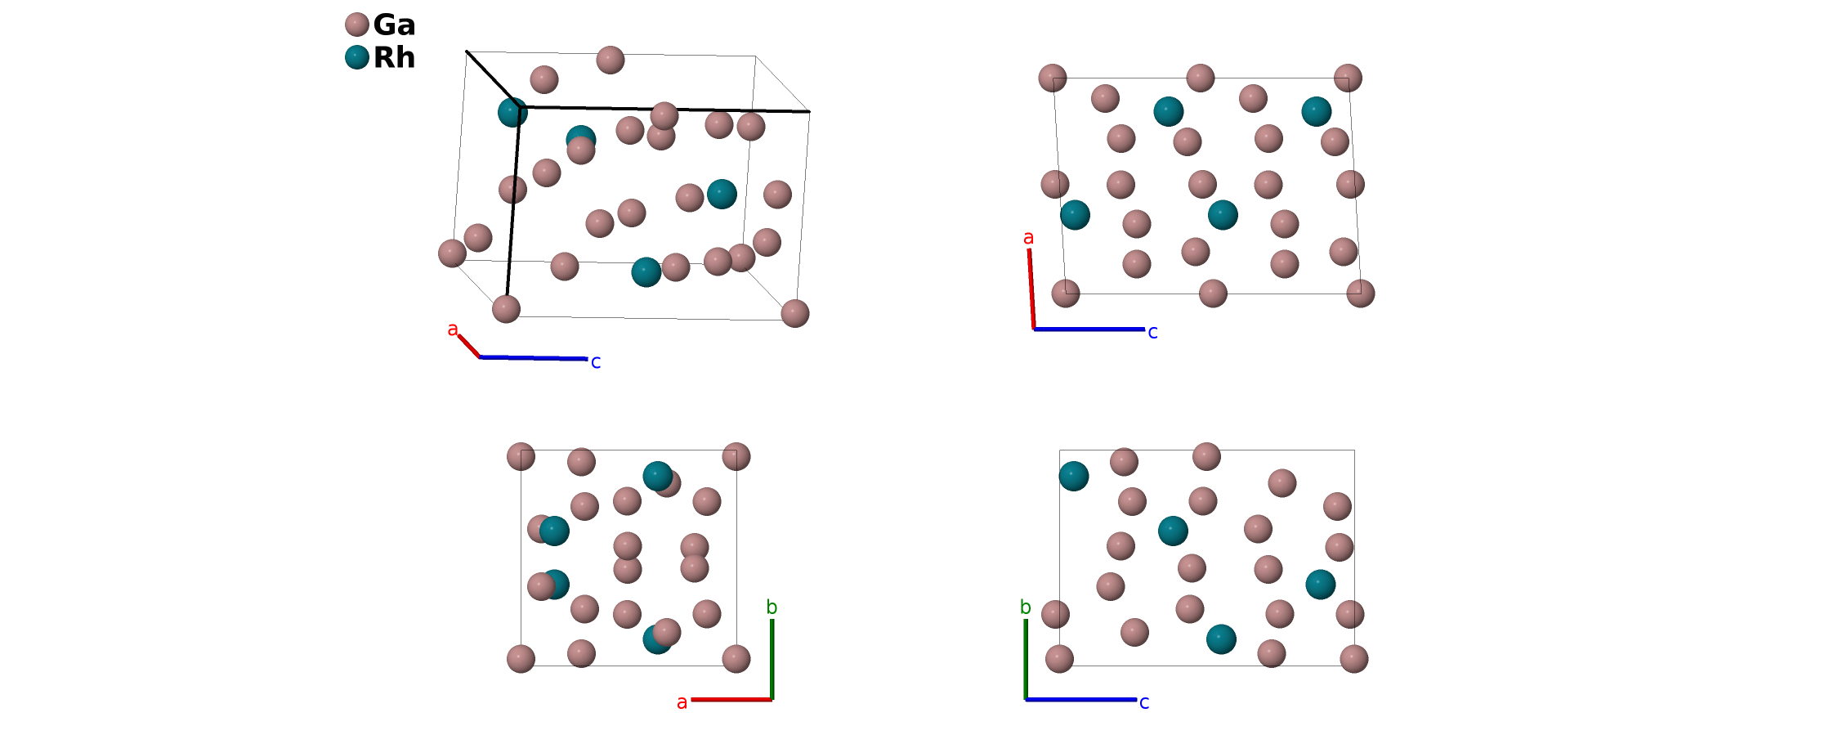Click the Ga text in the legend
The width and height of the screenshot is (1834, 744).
394,25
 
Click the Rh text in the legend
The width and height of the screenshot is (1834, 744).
394,57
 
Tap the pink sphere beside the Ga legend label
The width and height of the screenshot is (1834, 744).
356,25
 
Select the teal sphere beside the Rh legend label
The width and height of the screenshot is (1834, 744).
356,57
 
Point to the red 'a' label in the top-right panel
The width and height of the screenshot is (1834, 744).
1028,238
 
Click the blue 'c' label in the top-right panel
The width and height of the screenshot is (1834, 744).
1152,332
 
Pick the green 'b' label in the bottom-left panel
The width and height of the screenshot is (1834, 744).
772,607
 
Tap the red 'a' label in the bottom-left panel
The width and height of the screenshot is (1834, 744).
682,702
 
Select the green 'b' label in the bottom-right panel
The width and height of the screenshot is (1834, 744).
1025,607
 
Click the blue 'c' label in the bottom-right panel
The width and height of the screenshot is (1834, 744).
1144,702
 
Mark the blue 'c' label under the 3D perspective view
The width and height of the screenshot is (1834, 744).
596,362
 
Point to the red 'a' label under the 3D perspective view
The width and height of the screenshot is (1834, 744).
452,330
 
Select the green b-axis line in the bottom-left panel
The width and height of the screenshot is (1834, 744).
772,658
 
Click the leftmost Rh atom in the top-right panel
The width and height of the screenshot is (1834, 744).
1075,215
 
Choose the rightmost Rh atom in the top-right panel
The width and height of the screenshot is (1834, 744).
1316,111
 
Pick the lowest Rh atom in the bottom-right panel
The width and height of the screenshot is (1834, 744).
1221,639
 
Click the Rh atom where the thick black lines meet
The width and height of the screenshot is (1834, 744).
512,112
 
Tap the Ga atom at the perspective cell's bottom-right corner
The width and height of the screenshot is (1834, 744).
794,313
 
